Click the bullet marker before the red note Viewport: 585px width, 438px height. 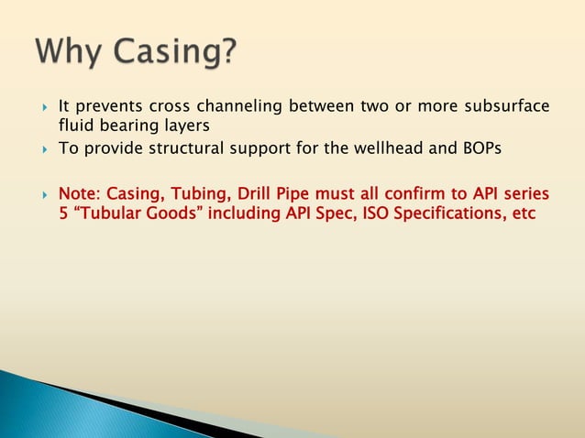point(45,194)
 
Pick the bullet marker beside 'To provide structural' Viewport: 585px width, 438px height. point(45,148)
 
